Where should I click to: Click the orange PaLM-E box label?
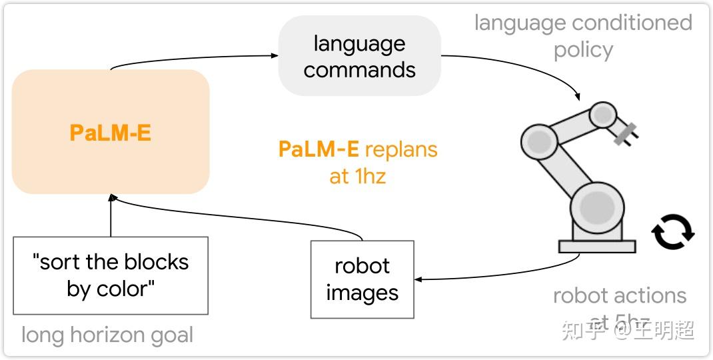(111, 133)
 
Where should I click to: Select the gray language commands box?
(359, 57)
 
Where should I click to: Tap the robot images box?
(362, 279)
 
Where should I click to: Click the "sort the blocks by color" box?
(111, 275)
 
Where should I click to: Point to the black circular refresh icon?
(672, 232)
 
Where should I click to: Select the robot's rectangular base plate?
(596, 246)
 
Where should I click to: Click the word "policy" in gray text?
(583, 51)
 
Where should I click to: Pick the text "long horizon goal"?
(107, 335)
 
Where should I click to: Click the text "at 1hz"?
(358, 177)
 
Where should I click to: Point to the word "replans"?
(401, 149)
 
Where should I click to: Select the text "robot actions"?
(619, 295)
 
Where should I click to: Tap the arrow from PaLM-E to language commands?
(193, 59)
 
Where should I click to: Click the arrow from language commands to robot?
(533, 70)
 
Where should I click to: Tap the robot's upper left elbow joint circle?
(539, 141)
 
